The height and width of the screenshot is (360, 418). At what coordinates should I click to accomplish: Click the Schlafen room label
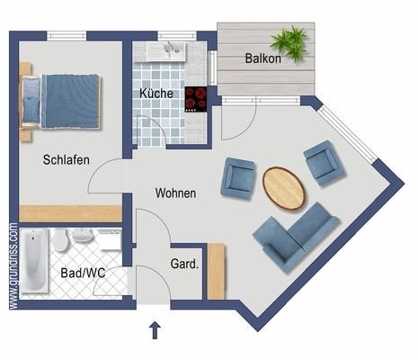click(x=67, y=159)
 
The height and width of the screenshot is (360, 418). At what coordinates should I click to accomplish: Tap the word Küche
click(x=156, y=94)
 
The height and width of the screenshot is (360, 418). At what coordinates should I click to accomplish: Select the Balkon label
click(x=263, y=58)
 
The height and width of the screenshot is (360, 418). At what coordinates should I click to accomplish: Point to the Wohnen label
click(x=175, y=193)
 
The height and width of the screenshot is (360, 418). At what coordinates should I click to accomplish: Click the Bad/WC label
click(x=83, y=273)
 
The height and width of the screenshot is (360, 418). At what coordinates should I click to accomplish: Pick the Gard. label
click(x=184, y=264)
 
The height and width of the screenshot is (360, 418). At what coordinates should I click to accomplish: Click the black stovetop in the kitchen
click(x=196, y=99)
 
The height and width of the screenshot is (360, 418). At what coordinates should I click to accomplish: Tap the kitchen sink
click(x=166, y=51)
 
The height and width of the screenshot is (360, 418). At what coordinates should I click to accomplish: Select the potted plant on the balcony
click(x=289, y=43)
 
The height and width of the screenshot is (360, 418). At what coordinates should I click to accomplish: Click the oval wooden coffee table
click(x=284, y=188)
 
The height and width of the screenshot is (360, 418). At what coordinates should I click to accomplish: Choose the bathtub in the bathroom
click(x=36, y=260)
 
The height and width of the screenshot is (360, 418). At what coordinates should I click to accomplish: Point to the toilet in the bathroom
click(x=60, y=240)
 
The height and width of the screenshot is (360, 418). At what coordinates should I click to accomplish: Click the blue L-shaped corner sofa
click(x=296, y=238)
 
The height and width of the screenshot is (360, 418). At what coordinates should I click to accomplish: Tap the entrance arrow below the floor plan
click(x=155, y=330)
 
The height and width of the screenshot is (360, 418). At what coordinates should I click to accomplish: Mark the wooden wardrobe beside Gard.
click(x=216, y=272)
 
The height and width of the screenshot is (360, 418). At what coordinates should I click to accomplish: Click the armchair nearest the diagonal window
click(x=325, y=162)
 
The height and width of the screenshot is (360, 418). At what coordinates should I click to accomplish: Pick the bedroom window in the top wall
click(x=67, y=36)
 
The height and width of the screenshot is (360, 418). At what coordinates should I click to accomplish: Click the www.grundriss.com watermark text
click(x=13, y=265)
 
